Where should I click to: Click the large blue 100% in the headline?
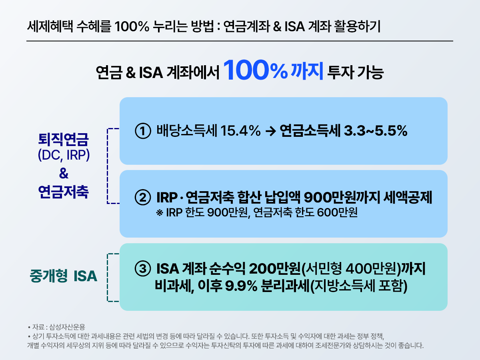coord(256,70)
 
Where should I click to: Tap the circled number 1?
coord(142,131)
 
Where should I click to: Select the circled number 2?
coord(142,198)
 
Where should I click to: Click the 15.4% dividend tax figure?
coord(240,131)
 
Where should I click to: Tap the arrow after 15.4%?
coord(270,131)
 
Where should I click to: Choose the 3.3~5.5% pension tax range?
coord(375,131)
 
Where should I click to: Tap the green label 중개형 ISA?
coord(64,276)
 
